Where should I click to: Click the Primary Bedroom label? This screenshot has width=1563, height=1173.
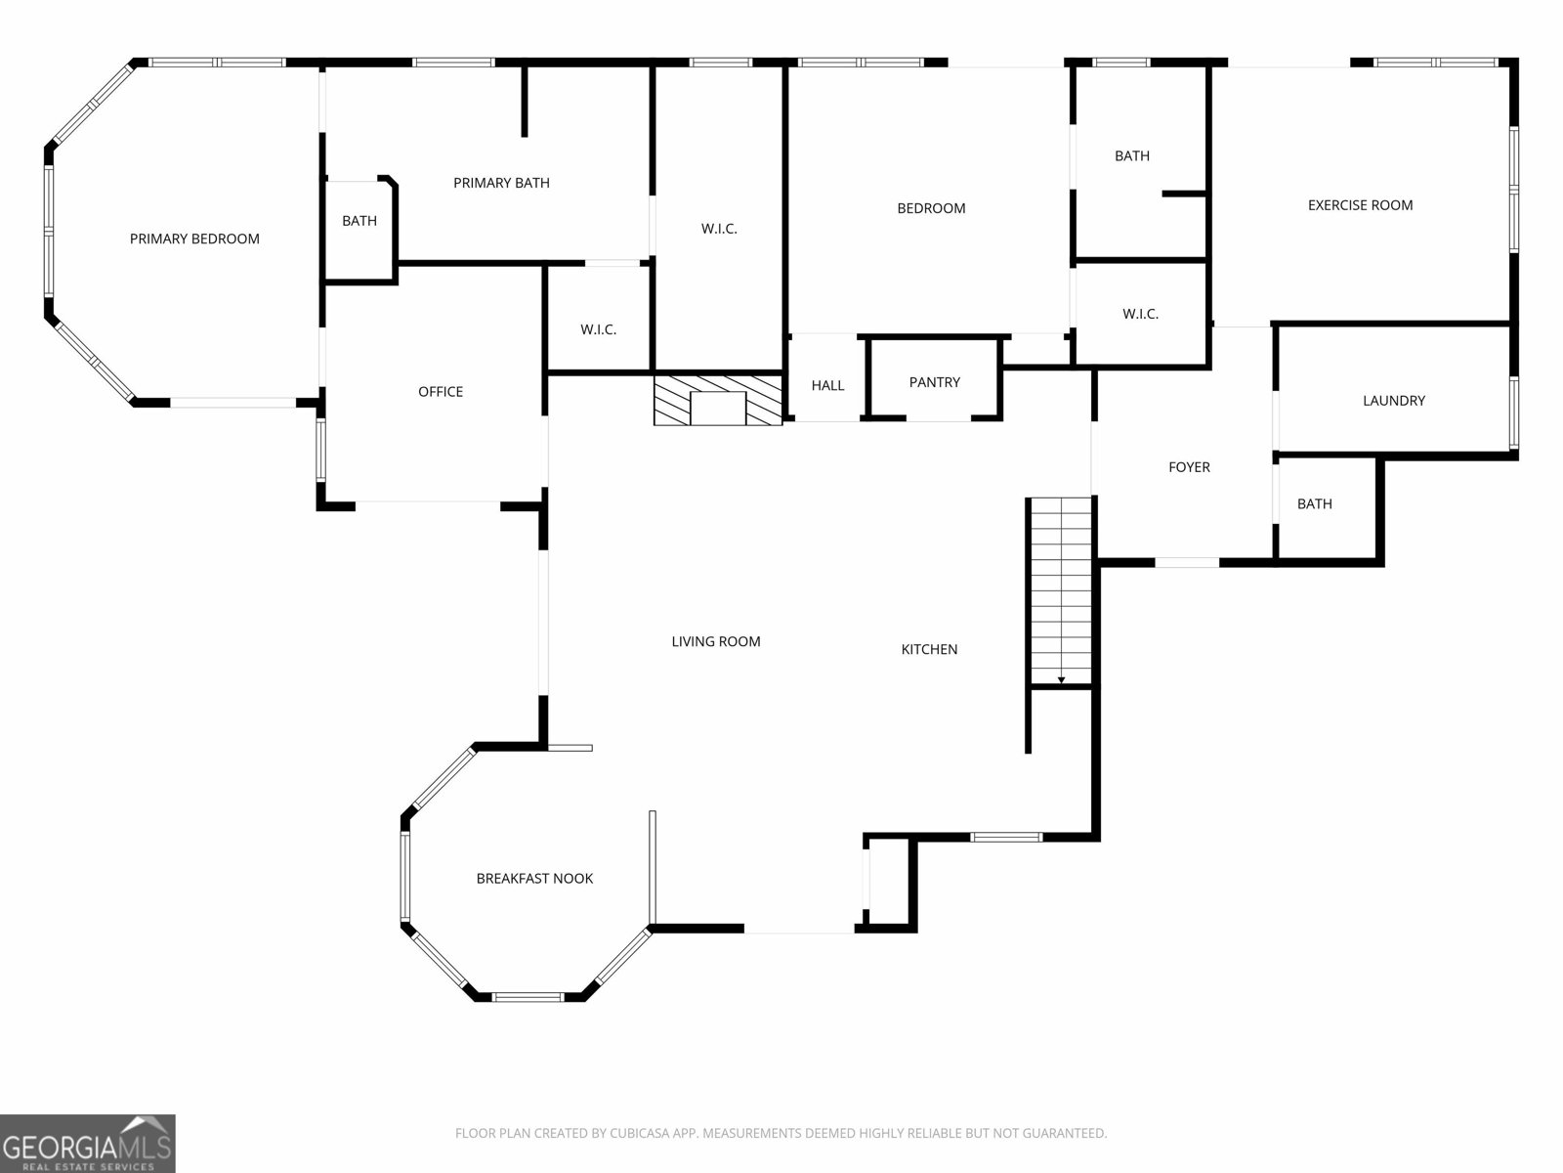tap(194, 239)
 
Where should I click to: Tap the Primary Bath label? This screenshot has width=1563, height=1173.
tap(501, 183)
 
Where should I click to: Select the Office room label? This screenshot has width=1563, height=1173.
tap(441, 391)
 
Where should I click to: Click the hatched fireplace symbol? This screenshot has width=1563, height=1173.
tap(718, 401)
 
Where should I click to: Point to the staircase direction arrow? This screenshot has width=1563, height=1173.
tap(1061, 679)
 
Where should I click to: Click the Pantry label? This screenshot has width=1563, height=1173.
tap(934, 382)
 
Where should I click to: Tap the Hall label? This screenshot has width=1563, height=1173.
tap(827, 385)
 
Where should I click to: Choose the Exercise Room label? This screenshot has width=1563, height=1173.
tap(1360, 205)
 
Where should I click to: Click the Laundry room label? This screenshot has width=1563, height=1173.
tap(1393, 401)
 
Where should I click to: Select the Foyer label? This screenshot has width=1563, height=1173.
tap(1189, 467)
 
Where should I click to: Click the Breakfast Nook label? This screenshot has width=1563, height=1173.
tap(534, 879)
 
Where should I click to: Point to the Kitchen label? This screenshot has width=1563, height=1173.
tap(929, 649)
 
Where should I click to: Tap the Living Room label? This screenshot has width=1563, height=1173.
tap(715, 641)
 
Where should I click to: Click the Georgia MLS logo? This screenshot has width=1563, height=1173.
tap(87, 1144)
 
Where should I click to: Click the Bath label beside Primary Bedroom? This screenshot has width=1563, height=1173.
tap(359, 221)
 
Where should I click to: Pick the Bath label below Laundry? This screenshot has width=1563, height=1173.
tap(1314, 504)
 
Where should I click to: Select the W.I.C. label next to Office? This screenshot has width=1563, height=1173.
tap(598, 329)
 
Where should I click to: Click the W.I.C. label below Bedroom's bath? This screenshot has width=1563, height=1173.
tap(1140, 314)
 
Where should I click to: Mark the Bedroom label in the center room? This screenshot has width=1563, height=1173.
tap(931, 208)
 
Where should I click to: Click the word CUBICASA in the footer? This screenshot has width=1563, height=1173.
tap(638, 1134)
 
